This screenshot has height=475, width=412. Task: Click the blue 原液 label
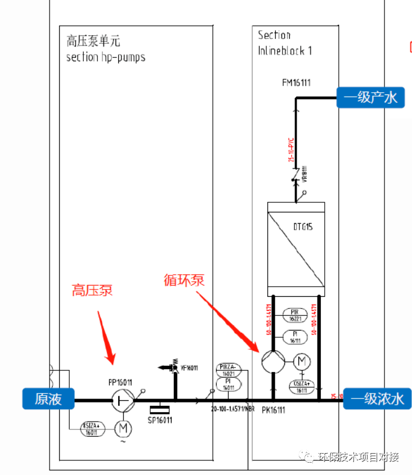48,399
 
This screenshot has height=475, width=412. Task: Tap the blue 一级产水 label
370,98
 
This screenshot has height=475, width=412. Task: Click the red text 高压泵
92,291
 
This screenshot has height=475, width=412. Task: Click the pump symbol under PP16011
121,401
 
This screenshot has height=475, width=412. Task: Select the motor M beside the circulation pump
302,360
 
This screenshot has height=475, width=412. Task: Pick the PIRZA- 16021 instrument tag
229,369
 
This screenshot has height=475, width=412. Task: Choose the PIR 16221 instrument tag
295,315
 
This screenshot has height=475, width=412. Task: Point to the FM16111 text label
297,83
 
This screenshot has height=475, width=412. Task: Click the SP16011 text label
160,420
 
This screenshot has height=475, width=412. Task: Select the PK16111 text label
274,410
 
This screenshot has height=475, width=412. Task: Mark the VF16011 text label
189,368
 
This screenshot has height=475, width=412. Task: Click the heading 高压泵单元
93,41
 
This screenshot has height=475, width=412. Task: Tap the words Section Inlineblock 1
285,43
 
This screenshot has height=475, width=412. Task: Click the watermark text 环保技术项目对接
358,457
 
